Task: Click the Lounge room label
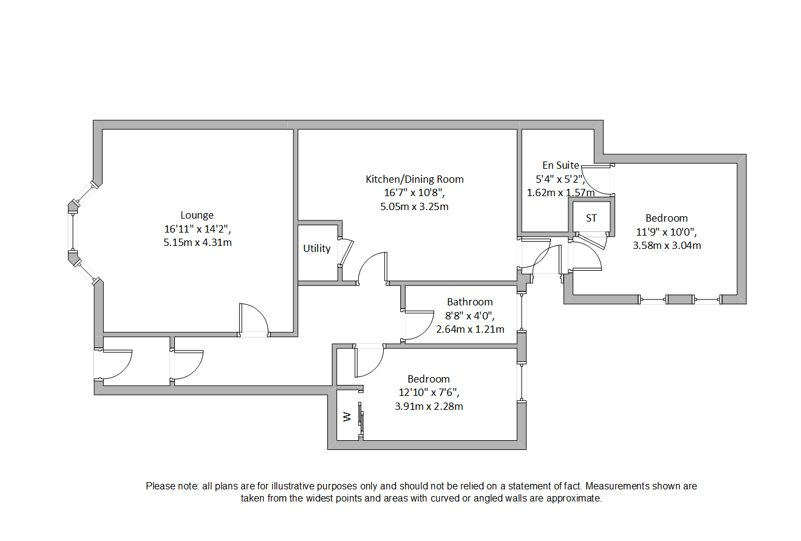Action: pyautogui.click(x=197, y=215)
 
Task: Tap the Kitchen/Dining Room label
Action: pyautogui.click(x=414, y=179)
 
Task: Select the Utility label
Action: pyautogui.click(x=317, y=248)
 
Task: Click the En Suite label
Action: pyautogui.click(x=560, y=165)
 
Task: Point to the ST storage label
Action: pyautogui.click(x=591, y=218)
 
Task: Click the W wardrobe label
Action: pyautogui.click(x=347, y=417)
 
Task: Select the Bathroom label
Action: pyautogui.click(x=469, y=302)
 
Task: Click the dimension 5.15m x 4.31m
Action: pyautogui.click(x=197, y=243)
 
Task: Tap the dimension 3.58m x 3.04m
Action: pyautogui.click(x=666, y=246)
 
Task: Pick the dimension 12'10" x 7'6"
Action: pyautogui.click(x=428, y=392)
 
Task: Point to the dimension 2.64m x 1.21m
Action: pyautogui.click(x=470, y=330)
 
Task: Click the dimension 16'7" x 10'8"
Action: pyautogui.click(x=414, y=193)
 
